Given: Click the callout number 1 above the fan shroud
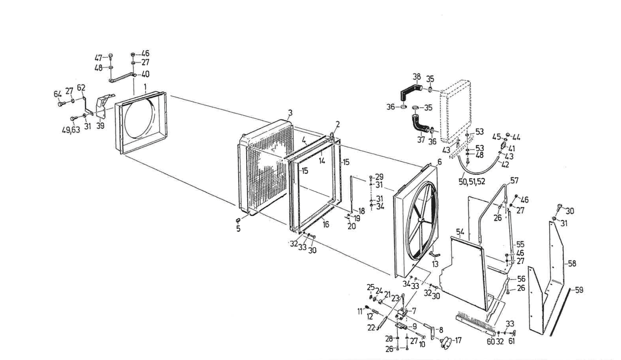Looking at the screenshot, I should point(145,87).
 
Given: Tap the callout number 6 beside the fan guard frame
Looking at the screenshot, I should point(440,161).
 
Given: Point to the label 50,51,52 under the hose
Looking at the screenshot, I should point(472,181).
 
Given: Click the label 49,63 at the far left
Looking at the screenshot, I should point(70,130).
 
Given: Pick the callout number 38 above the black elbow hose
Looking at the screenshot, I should point(417,77).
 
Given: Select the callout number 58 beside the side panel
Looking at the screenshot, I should point(572,263).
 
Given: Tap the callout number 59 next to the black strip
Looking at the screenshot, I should point(579,290).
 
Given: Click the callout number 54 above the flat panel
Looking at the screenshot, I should point(460,232).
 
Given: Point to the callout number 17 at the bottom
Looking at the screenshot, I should point(458,340).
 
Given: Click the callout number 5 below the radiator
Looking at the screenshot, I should point(238,229).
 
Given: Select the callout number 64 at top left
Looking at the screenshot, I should point(58,94).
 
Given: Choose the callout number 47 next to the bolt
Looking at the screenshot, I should point(98,58).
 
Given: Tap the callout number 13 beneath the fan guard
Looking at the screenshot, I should point(435,264).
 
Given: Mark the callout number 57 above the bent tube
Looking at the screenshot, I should point(514,180).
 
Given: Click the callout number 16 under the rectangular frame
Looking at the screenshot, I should point(326,224).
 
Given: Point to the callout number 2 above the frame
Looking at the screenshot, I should point(337,124).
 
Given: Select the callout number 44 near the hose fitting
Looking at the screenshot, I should point(516,137).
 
